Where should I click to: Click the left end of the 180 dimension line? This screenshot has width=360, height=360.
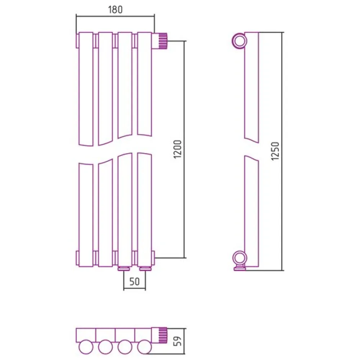[76, 16]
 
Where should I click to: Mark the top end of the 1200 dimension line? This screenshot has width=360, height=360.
[184, 41]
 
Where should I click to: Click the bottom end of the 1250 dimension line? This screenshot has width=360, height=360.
[282, 270]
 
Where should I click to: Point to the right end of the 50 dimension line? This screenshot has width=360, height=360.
[145, 288]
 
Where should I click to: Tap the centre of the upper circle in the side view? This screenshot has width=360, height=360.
[239, 41]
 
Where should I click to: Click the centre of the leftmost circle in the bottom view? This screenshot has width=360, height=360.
[86, 346]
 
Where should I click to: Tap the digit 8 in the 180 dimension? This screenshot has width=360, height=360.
[116, 9]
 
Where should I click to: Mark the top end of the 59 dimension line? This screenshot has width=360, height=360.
[184, 328]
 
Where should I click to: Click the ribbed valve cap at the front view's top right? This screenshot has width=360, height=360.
[163, 41]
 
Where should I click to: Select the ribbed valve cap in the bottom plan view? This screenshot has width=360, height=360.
[163, 336]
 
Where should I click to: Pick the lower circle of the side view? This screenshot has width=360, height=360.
[240, 258]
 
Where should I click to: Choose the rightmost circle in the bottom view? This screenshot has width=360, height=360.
[144, 346]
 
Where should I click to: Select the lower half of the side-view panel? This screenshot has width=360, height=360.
[252, 211]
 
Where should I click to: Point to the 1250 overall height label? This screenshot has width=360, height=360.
[275, 151]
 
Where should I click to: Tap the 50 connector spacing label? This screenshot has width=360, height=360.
[134, 282]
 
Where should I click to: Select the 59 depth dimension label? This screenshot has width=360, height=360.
[178, 341]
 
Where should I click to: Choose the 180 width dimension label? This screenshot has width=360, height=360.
[115, 9]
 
